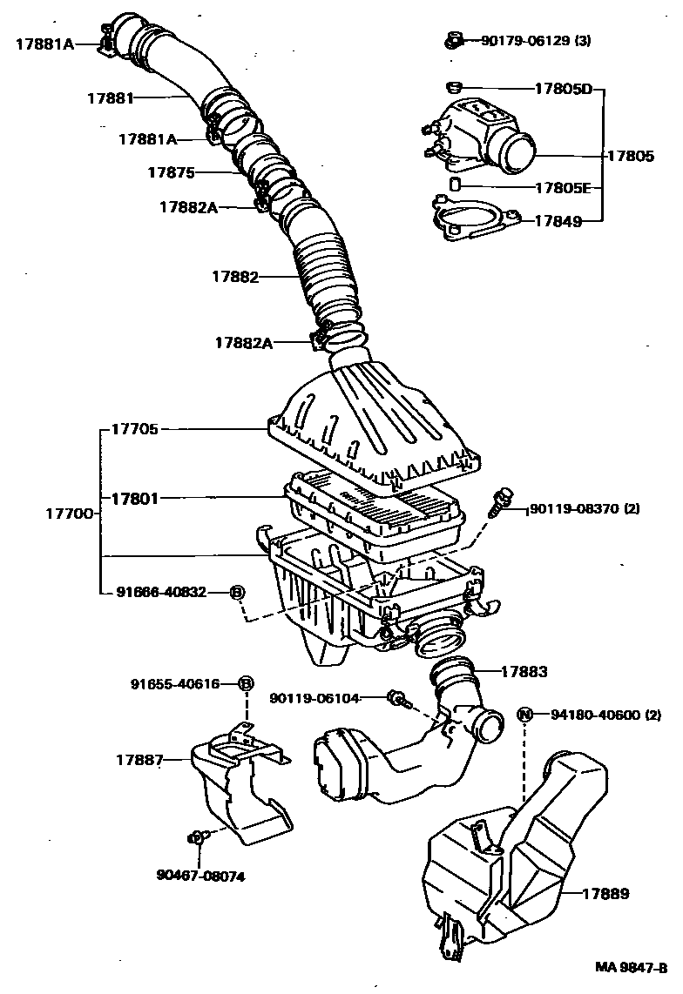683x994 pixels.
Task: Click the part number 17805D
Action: (x=563, y=89)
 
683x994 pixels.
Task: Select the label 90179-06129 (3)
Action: (x=536, y=40)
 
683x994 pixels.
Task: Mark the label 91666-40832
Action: (x=161, y=592)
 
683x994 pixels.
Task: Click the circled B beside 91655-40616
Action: (x=246, y=684)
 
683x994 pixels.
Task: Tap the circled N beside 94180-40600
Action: (x=524, y=715)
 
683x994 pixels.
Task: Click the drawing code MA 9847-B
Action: (x=632, y=967)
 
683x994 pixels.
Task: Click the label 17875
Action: (x=171, y=172)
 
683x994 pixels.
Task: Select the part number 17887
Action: (x=139, y=760)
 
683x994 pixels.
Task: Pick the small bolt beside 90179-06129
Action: (x=453, y=39)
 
